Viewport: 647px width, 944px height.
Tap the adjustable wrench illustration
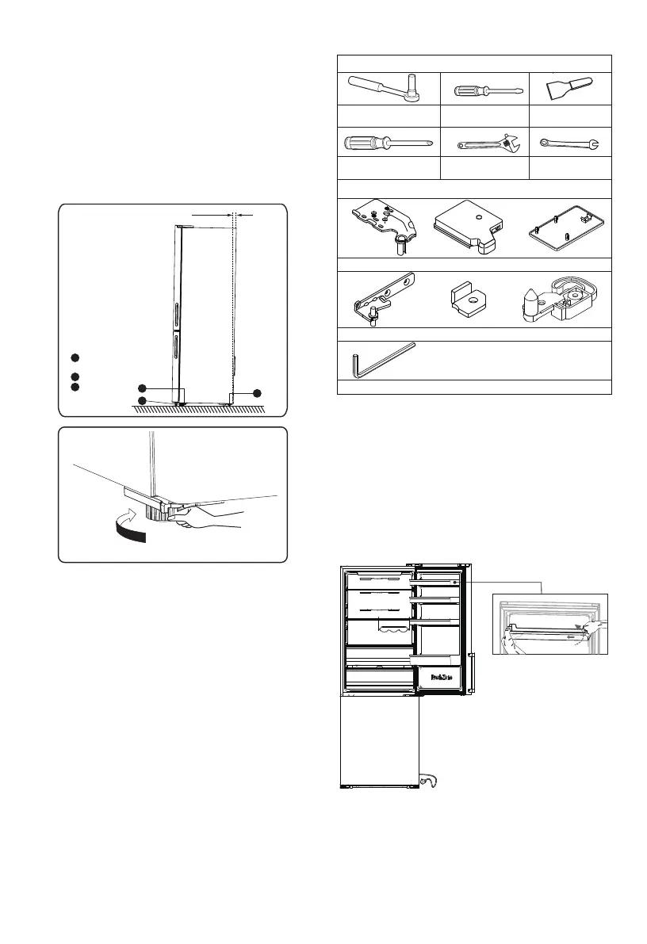point(486,143)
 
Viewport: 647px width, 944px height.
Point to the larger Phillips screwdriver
point(387,143)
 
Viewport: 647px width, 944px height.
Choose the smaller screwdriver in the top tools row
point(485,89)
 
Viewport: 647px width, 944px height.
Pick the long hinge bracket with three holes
point(382,299)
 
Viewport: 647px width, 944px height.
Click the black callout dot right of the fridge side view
point(257,392)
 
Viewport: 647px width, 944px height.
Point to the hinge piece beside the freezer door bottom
point(431,781)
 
